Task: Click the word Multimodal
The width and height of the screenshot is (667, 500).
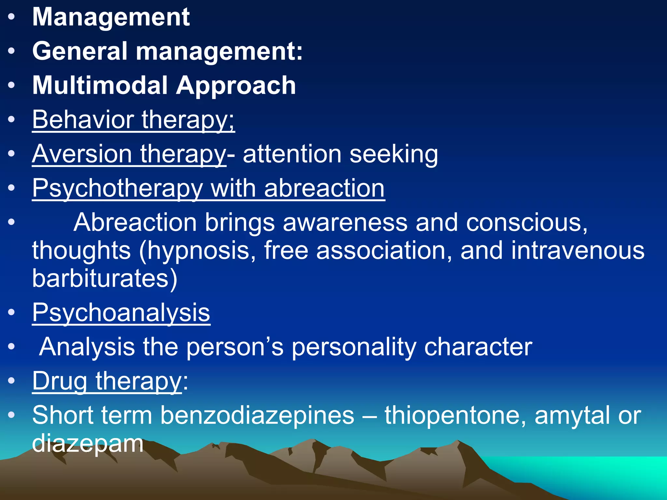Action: [x=100, y=85]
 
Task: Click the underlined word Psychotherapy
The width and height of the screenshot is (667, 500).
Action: [x=117, y=189]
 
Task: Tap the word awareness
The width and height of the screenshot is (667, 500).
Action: [x=345, y=223]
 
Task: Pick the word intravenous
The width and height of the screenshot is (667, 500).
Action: [x=577, y=251]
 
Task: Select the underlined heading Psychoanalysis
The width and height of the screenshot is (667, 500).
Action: [x=121, y=312]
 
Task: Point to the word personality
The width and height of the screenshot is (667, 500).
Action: [x=353, y=347]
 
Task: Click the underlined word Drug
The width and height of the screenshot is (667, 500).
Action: [x=60, y=381]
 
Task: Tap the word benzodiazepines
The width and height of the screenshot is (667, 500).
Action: [x=257, y=415]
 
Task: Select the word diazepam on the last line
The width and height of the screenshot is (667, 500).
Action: [x=88, y=443]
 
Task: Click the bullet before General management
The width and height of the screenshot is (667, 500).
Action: [x=11, y=51]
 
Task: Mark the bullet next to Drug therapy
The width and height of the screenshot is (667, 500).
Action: [x=11, y=381]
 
